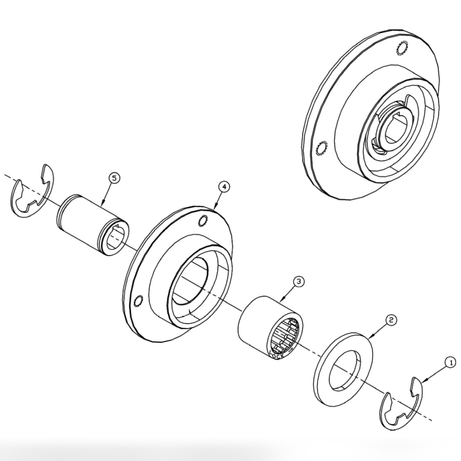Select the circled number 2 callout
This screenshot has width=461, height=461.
coord(390,320)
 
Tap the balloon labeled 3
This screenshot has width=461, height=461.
coord(298,281)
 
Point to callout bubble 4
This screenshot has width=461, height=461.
coord(224,186)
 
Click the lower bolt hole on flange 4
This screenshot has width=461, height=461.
coord(137,301)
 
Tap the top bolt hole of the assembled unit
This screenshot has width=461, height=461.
coord(401,48)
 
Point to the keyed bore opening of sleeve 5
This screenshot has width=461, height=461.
coord(116,241)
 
